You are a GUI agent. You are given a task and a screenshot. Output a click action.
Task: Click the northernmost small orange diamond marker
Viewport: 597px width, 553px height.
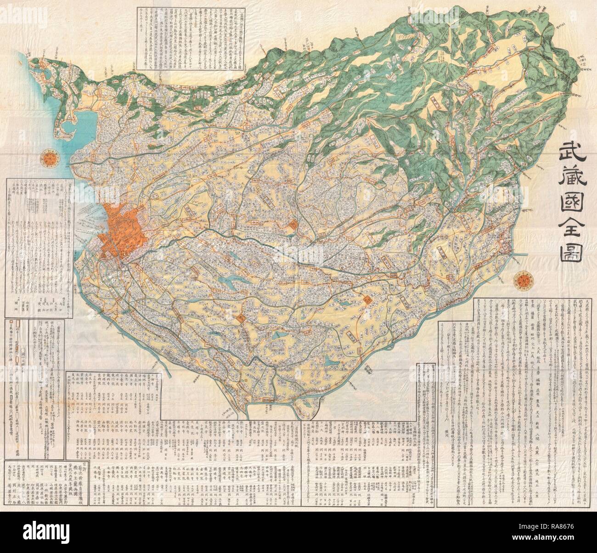pyautogui.click(x=293, y=225)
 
